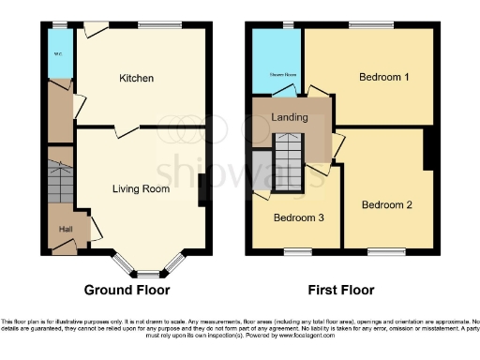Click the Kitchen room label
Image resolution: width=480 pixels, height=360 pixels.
click(136, 78)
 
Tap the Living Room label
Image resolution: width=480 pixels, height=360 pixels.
click(141, 188)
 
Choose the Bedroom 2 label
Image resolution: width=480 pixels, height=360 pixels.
click(386, 204)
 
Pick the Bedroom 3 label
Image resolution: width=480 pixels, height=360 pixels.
click(297, 217)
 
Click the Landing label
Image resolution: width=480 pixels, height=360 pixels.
click(286, 116)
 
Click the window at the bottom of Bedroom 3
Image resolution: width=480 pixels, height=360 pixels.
click(298, 251)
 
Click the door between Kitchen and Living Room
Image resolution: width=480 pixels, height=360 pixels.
click(120, 132)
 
